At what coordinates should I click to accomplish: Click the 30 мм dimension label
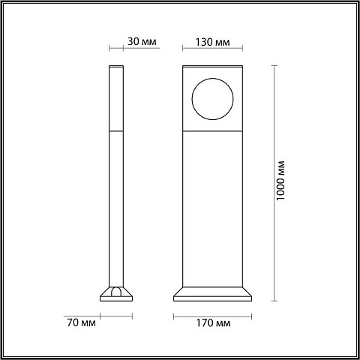click(142, 41)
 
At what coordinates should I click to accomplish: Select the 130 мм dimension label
click(212, 42)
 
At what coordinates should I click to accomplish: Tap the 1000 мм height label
click(280, 181)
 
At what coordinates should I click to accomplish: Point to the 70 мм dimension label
click(81, 322)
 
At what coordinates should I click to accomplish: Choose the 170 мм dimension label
click(213, 323)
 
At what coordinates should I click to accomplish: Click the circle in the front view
click(212, 79)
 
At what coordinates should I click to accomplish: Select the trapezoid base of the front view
click(212, 294)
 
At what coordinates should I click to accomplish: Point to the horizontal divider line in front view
click(212, 130)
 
